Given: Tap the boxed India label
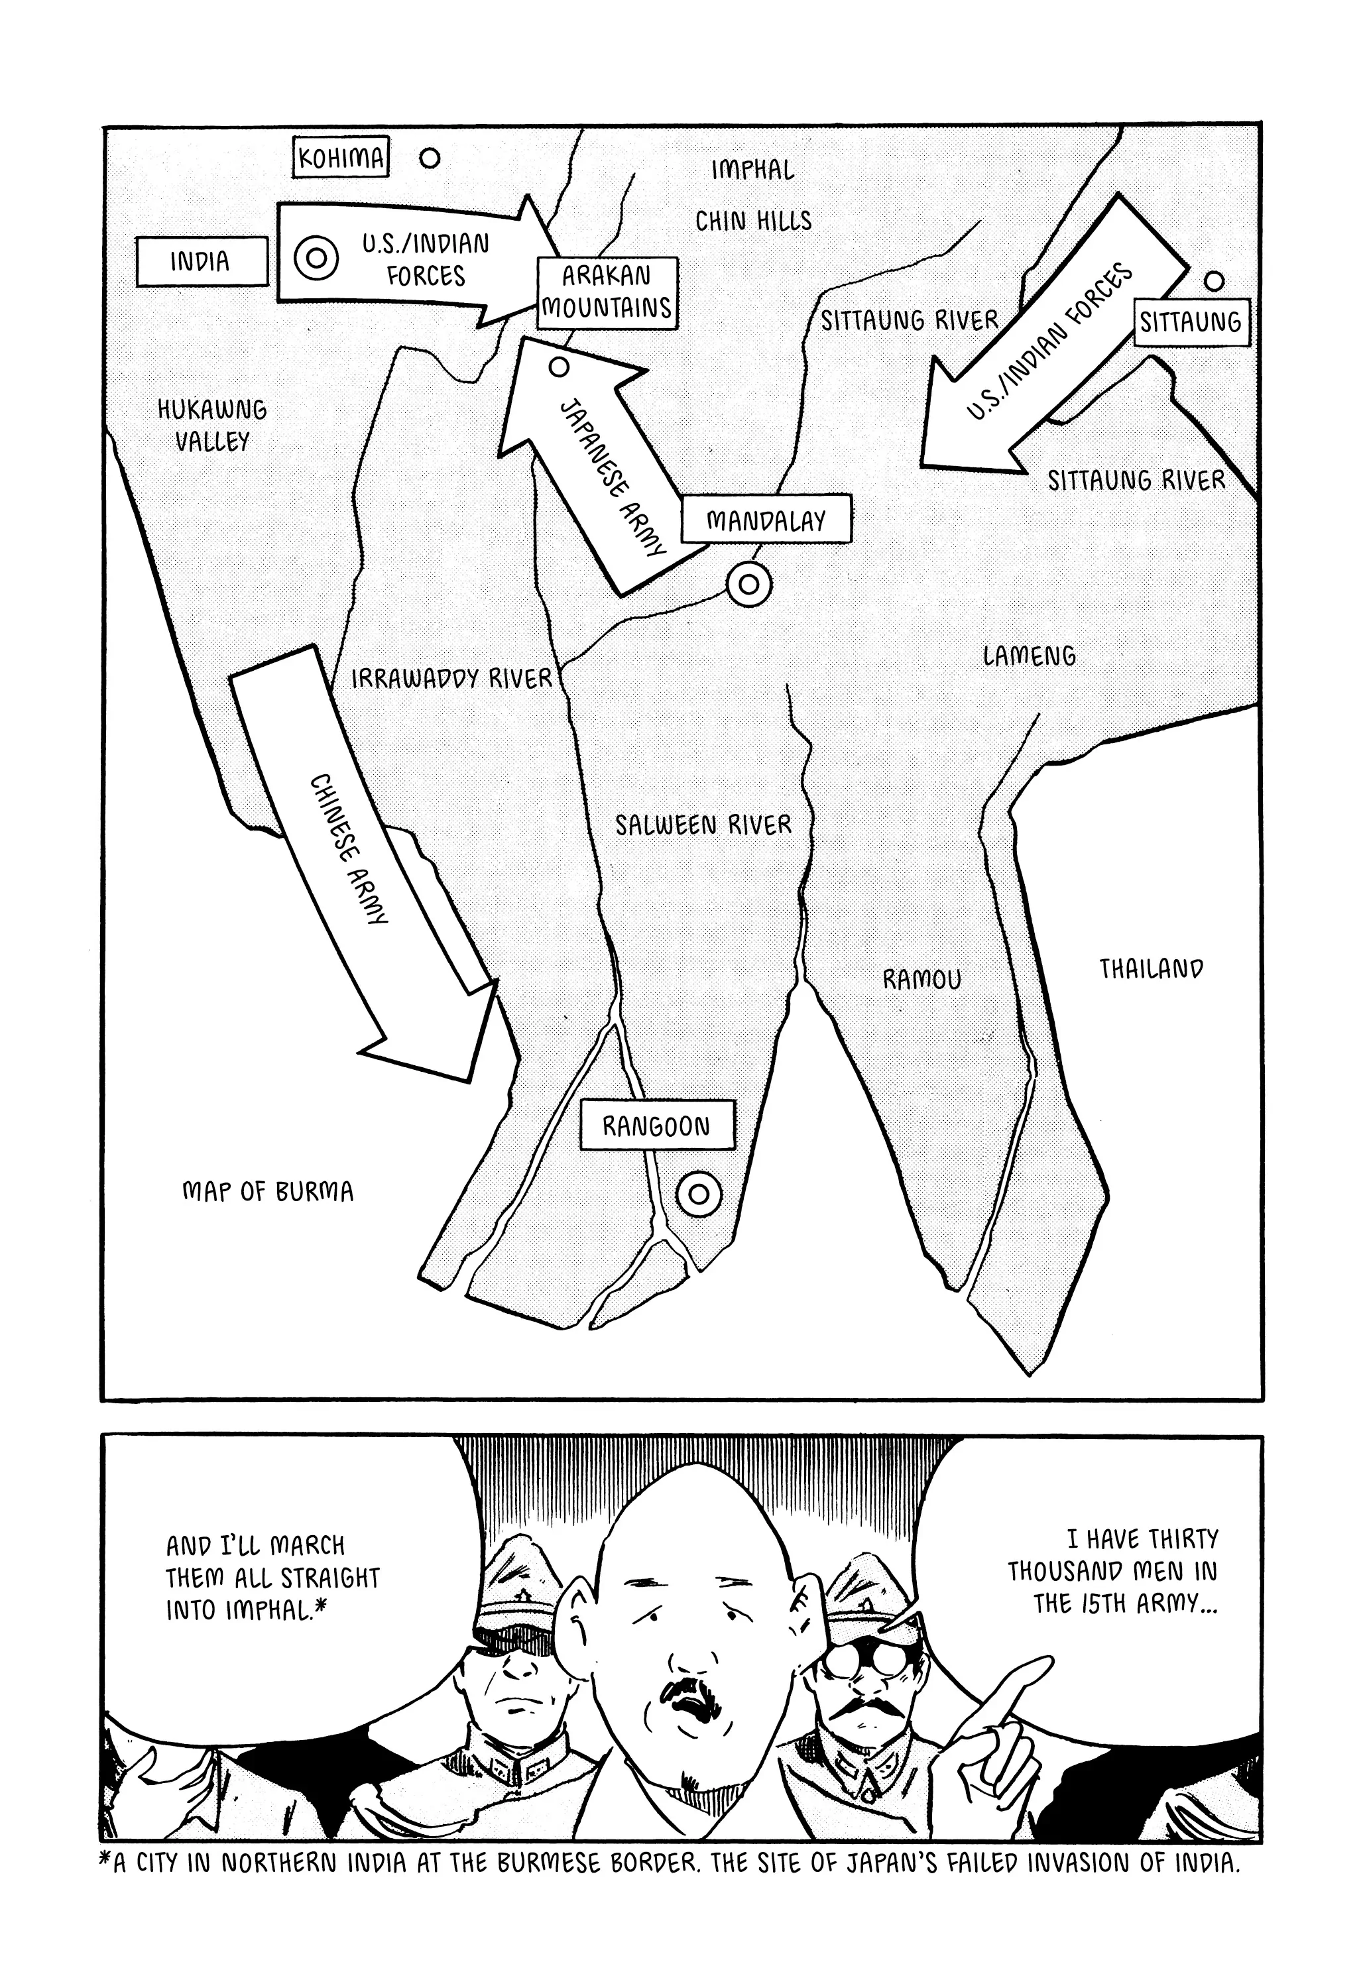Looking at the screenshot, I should point(201,261).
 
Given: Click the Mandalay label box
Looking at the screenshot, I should point(766,519).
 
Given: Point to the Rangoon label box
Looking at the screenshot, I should point(656,1126).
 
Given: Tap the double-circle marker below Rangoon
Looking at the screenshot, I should point(699,1192).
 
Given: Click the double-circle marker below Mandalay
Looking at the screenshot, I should point(749,585).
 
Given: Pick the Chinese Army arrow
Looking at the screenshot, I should point(359,862).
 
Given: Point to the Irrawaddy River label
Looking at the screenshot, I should point(451,679).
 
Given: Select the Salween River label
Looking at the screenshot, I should point(703,825).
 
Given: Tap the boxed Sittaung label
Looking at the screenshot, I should point(1191,322).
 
